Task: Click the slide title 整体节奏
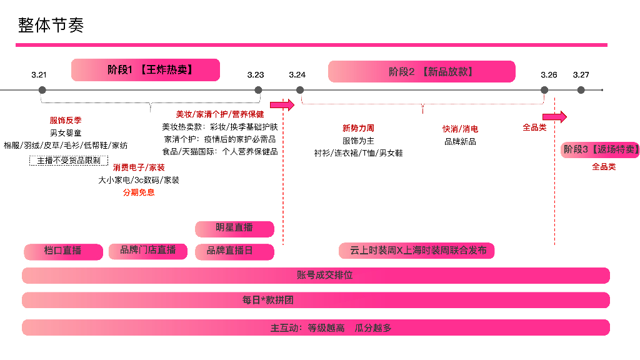click(51, 25)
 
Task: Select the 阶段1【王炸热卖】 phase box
click(146, 70)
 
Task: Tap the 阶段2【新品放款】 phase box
click(422, 71)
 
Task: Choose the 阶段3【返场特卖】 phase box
click(600, 149)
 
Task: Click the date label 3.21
click(39, 75)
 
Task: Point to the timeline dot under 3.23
click(258, 90)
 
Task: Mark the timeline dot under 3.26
click(544, 90)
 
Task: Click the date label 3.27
click(581, 75)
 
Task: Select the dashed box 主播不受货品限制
click(69, 161)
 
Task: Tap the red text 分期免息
click(139, 192)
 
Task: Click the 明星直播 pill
click(234, 228)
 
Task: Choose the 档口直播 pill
click(63, 251)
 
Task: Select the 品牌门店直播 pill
click(148, 251)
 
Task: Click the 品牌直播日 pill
click(234, 251)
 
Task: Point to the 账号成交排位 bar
click(316, 276)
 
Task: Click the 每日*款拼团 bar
click(316, 300)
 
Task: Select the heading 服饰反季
click(66, 121)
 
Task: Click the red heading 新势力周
click(358, 129)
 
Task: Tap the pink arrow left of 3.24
click(282, 104)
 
